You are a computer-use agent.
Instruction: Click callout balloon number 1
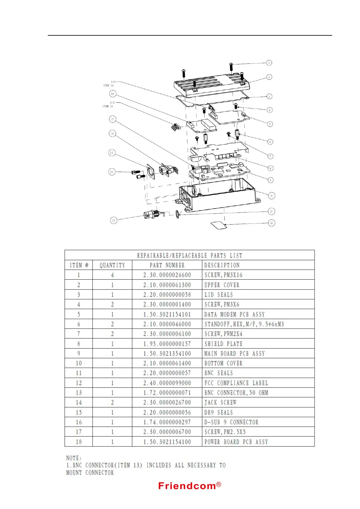(x=269, y=63)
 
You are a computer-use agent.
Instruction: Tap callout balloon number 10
(x=271, y=196)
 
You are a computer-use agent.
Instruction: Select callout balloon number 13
(x=113, y=220)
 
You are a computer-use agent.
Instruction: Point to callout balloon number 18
(x=112, y=94)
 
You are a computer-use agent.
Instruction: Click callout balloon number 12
(x=271, y=223)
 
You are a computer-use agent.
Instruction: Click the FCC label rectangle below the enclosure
(x=219, y=225)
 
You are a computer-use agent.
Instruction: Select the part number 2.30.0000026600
(x=167, y=275)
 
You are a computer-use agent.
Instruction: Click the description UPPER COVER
(x=222, y=285)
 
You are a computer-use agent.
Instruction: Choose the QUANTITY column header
(x=112, y=265)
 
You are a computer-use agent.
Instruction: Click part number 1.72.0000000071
(x=167, y=393)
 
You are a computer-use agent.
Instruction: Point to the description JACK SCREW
(x=220, y=403)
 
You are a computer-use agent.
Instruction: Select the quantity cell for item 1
(x=112, y=275)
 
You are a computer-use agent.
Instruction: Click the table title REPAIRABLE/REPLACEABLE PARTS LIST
(x=190, y=255)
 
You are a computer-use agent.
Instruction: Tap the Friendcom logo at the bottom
(x=190, y=486)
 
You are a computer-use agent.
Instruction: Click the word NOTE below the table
(x=74, y=458)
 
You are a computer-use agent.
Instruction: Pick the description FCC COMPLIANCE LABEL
(x=236, y=383)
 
